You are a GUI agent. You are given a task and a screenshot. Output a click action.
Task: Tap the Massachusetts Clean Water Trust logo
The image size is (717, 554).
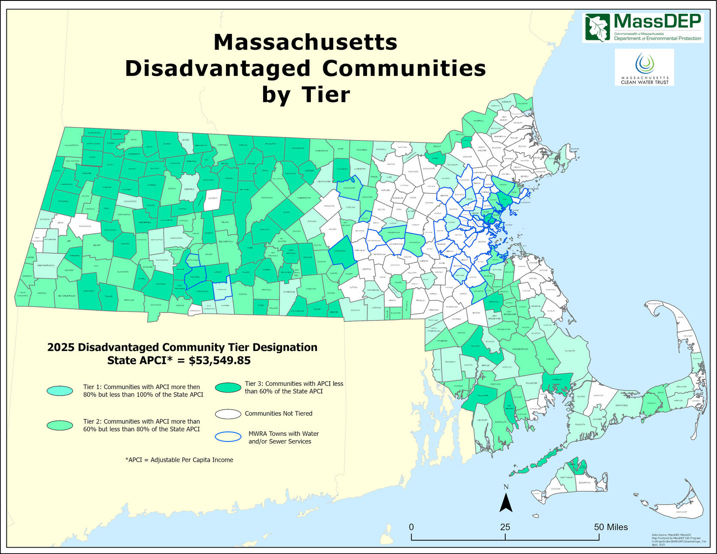pos(644,67)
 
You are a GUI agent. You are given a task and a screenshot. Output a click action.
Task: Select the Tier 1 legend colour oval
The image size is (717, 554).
pos(60,390)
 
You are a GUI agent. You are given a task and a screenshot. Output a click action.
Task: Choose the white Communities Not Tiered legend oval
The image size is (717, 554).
pos(228,414)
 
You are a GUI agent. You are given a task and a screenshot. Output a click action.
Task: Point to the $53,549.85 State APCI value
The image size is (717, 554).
pos(219,360)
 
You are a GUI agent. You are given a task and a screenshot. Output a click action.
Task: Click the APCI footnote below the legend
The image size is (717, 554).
pos(179,460)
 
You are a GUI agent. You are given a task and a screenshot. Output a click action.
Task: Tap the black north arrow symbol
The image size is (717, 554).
pos(506,502)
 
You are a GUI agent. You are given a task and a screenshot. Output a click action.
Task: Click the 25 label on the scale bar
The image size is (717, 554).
pos(505,527)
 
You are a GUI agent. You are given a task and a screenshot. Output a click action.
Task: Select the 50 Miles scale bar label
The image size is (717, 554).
pos(611,527)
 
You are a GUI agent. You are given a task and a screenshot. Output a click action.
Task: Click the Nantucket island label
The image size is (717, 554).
pos(681,512)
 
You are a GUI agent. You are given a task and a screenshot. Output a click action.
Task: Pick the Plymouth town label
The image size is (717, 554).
pos(570,351)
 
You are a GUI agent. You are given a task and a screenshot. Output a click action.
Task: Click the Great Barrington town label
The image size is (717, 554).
pos(46,265)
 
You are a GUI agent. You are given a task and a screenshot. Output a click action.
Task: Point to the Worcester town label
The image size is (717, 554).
pos(339,251)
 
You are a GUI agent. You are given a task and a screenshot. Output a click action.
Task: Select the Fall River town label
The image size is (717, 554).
pos(483,396)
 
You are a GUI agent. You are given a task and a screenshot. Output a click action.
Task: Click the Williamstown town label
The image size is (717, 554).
pos(71,145)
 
